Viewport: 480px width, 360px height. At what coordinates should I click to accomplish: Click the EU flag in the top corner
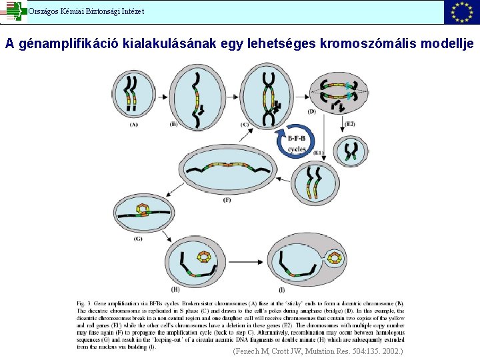(x=462, y=11)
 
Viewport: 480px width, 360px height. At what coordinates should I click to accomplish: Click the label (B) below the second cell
(x=174, y=124)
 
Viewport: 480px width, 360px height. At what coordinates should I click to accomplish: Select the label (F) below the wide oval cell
(x=227, y=199)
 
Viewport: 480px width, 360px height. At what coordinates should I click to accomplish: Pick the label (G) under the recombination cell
(x=137, y=238)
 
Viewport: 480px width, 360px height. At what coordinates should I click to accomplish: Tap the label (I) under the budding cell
(x=282, y=289)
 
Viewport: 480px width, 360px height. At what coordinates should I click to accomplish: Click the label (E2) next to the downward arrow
(x=350, y=124)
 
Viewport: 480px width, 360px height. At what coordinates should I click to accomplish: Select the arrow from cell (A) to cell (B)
(x=163, y=95)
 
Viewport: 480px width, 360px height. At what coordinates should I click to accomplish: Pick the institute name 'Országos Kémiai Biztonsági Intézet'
(x=85, y=11)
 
